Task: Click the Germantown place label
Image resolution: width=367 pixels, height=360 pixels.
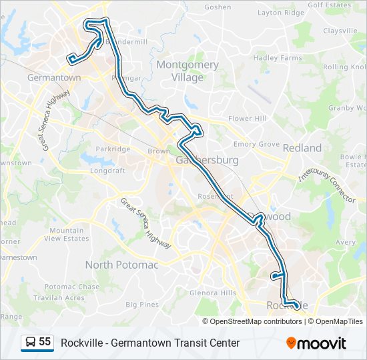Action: [x=53, y=78]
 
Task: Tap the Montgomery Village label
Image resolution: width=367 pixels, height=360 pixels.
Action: [x=188, y=71]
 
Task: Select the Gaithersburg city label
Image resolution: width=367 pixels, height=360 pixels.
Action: [x=207, y=161]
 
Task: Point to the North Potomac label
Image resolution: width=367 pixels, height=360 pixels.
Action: [x=121, y=265]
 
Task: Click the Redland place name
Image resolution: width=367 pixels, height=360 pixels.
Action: [x=302, y=148]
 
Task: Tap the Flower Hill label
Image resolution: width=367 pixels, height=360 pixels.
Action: [x=247, y=119]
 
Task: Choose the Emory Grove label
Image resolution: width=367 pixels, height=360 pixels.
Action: [x=256, y=144]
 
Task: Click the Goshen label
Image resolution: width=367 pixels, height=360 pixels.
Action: [x=218, y=7]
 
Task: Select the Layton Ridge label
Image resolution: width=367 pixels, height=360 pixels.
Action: [x=280, y=13]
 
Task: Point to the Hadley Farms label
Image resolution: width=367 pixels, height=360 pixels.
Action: [x=278, y=58]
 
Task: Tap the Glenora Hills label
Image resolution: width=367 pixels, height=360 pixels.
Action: [x=213, y=293]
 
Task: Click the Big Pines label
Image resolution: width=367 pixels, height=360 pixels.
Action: [x=142, y=305]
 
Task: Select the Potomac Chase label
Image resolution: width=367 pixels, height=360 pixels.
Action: [x=71, y=287]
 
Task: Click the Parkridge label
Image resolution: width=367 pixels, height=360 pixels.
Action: [x=113, y=149]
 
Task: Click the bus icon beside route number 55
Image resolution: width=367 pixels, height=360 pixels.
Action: [x=31, y=343]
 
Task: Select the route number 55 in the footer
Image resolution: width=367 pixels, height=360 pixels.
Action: [x=45, y=342]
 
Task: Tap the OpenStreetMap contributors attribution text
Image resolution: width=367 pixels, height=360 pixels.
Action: [x=255, y=321]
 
